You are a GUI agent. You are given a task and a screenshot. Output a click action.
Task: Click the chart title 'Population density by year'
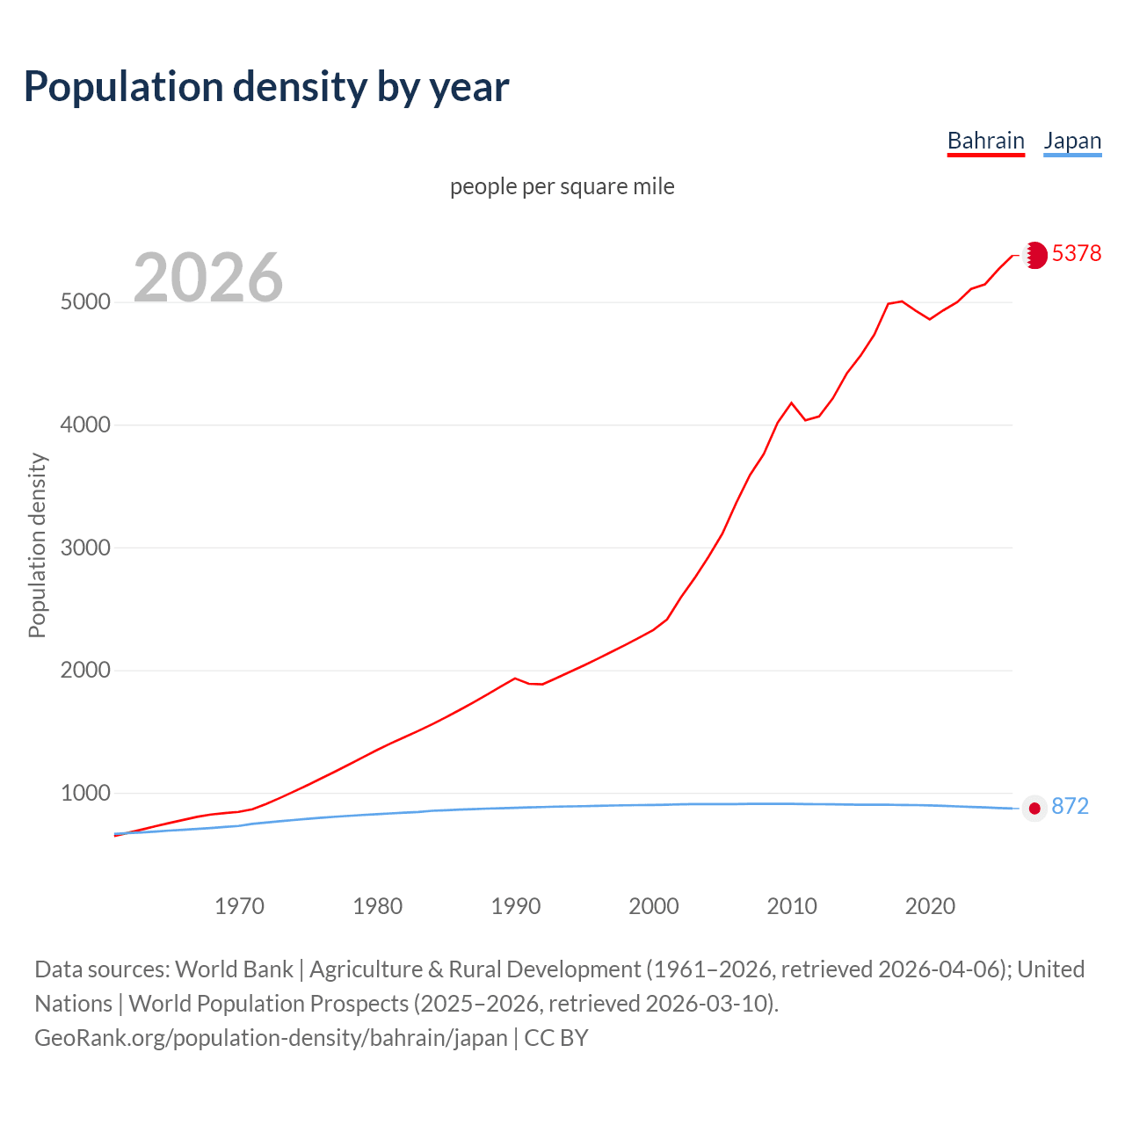[266, 87]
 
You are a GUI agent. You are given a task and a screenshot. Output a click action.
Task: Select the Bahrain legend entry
[985, 141]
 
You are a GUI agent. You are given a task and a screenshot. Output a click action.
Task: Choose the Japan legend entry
[1072, 141]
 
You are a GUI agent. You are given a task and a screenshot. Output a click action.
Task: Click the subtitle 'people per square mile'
[562, 186]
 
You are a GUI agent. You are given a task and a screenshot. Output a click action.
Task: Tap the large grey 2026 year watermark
[208, 278]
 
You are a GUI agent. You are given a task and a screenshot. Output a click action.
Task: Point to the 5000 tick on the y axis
[85, 302]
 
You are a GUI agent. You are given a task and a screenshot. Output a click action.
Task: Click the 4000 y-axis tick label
[85, 425]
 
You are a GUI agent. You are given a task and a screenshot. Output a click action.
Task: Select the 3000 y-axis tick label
[85, 548]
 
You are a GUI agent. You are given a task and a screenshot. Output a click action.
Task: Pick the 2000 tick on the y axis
[85, 671]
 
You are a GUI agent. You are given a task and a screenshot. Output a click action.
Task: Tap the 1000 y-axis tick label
[85, 794]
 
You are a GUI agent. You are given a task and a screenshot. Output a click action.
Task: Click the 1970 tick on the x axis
[239, 906]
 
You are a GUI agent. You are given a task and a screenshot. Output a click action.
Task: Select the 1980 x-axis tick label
[378, 906]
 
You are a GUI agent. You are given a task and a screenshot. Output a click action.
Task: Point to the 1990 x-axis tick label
[516, 906]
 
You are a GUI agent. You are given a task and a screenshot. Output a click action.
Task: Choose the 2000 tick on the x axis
[654, 906]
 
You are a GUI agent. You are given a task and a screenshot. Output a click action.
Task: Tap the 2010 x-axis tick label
[792, 906]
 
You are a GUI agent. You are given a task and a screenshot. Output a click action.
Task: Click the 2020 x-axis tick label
[930, 906]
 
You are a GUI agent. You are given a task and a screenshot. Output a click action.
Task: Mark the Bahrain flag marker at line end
[1035, 255]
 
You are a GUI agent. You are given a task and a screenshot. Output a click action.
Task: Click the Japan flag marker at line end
[1034, 808]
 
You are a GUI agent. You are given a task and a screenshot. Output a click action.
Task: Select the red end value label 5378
[1077, 254]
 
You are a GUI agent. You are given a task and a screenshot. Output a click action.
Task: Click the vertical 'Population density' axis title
[37, 545]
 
